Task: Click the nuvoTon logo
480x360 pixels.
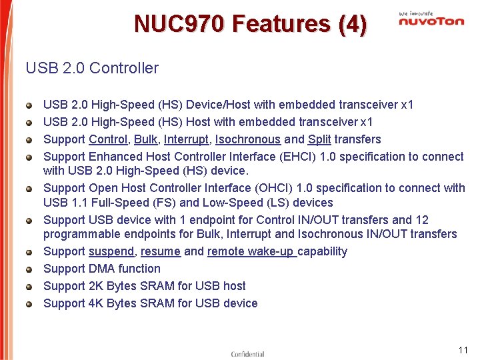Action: pyautogui.click(x=431, y=21)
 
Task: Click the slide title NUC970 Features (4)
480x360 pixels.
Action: pyautogui.click(x=250, y=24)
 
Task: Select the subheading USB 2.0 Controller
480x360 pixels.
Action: pyautogui.click(x=92, y=68)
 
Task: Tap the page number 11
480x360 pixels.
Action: pyautogui.click(x=463, y=350)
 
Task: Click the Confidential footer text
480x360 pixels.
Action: pyautogui.click(x=247, y=354)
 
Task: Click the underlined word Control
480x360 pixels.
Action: pyautogui.click(x=108, y=139)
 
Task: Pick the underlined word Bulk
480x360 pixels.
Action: pyautogui.click(x=145, y=139)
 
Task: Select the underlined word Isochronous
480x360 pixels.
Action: pyautogui.click(x=248, y=139)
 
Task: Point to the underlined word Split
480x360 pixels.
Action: pyautogui.click(x=319, y=139)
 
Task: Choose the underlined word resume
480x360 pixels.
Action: pyautogui.click(x=161, y=251)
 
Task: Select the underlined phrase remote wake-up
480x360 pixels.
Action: pyautogui.click(x=251, y=251)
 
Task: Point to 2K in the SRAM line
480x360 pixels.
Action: pyautogui.click(x=97, y=286)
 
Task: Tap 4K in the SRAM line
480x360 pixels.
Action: pyautogui.click(x=97, y=303)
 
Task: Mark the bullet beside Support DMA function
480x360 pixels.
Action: pyautogui.click(x=29, y=269)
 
